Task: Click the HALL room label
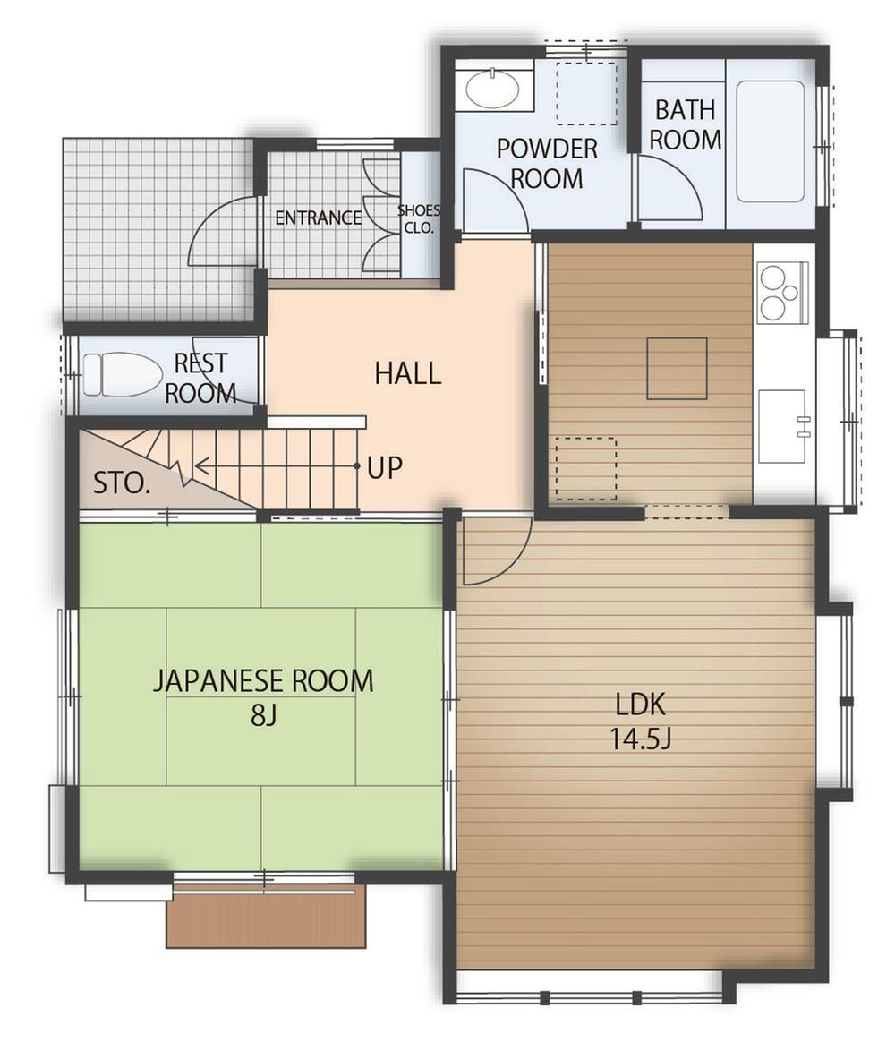click(x=408, y=372)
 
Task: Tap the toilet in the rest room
click(x=123, y=374)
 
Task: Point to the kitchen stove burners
click(x=781, y=293)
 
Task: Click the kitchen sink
click(x=783, y=425)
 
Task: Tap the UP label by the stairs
click(x=385, y=467)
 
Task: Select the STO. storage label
click(x=121, y=483)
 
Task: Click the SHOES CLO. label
click(x=419, y=219)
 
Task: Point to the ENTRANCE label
click(x=319, y=218)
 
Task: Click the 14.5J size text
click(x=641, y=739)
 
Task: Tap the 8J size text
click(x=263, y=715)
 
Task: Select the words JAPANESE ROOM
click(x=263, y=681)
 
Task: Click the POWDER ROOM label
click(x=547, y=164)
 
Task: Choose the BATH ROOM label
click(x=685, y=125)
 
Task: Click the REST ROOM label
click(x=200, y=378)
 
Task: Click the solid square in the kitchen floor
click(x=677, y=368)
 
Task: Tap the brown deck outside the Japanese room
click(x=266, y=916)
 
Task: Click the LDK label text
click(x=641, y=705)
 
